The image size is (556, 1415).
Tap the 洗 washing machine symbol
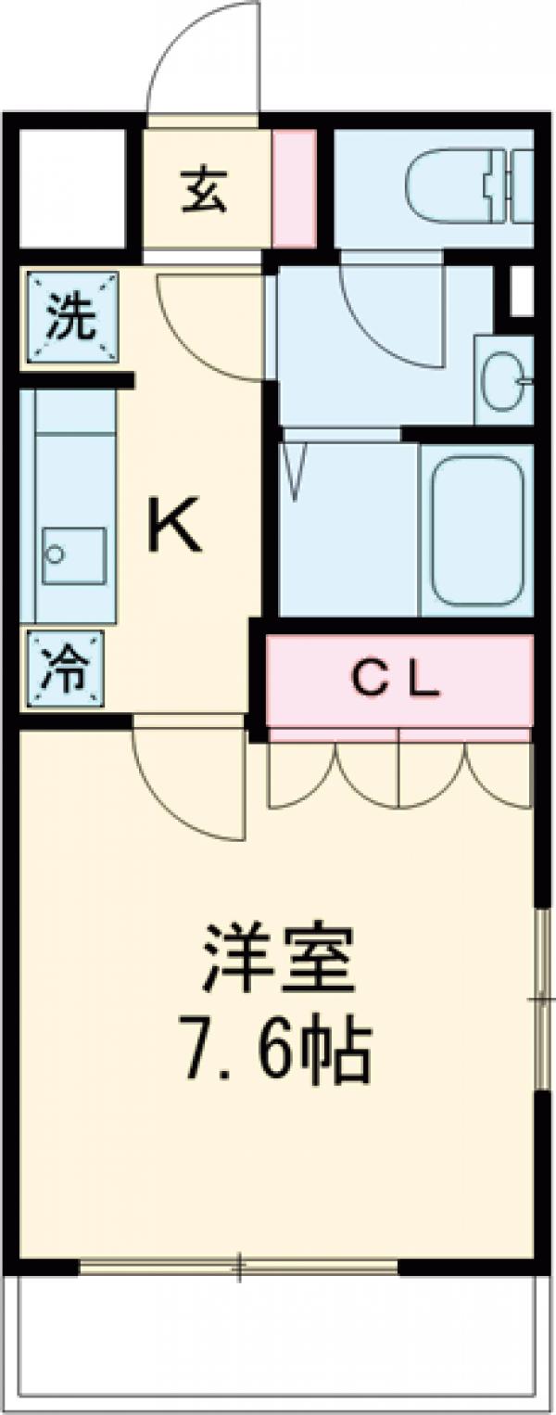71,318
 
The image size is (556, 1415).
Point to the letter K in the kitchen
175,527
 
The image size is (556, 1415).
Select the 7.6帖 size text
278,1052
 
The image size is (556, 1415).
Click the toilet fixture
468,189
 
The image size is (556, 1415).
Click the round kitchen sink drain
56,555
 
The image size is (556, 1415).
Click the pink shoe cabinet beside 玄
295,189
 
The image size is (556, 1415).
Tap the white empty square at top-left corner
71,189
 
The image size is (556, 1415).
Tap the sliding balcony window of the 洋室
238,1265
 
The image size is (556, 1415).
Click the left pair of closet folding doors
333,770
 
